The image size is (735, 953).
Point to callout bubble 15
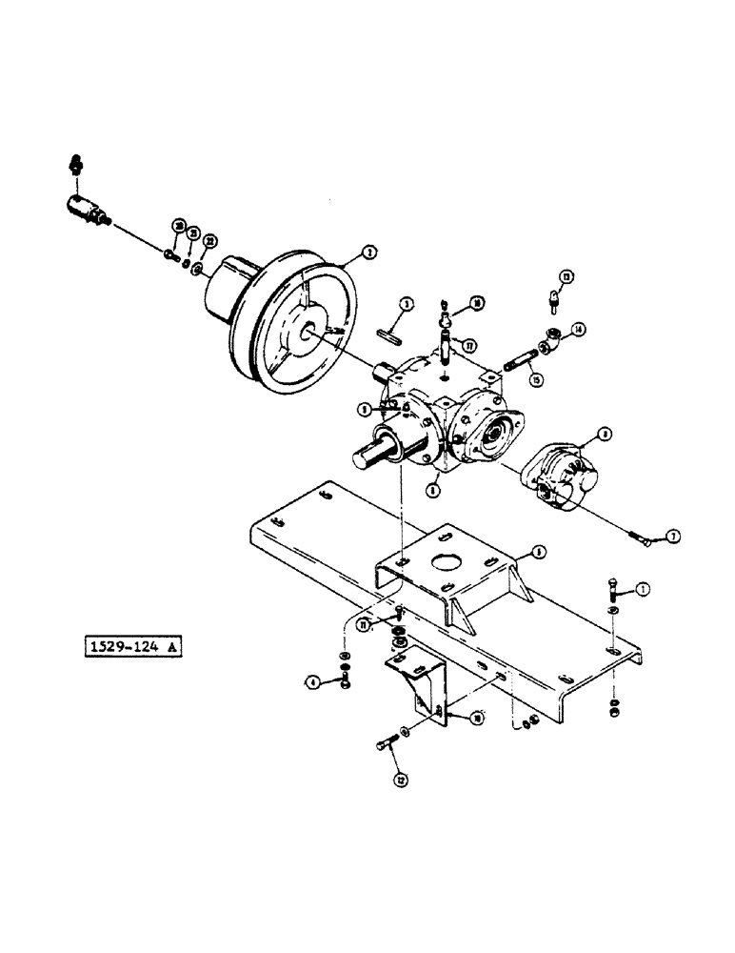point(537,378)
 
